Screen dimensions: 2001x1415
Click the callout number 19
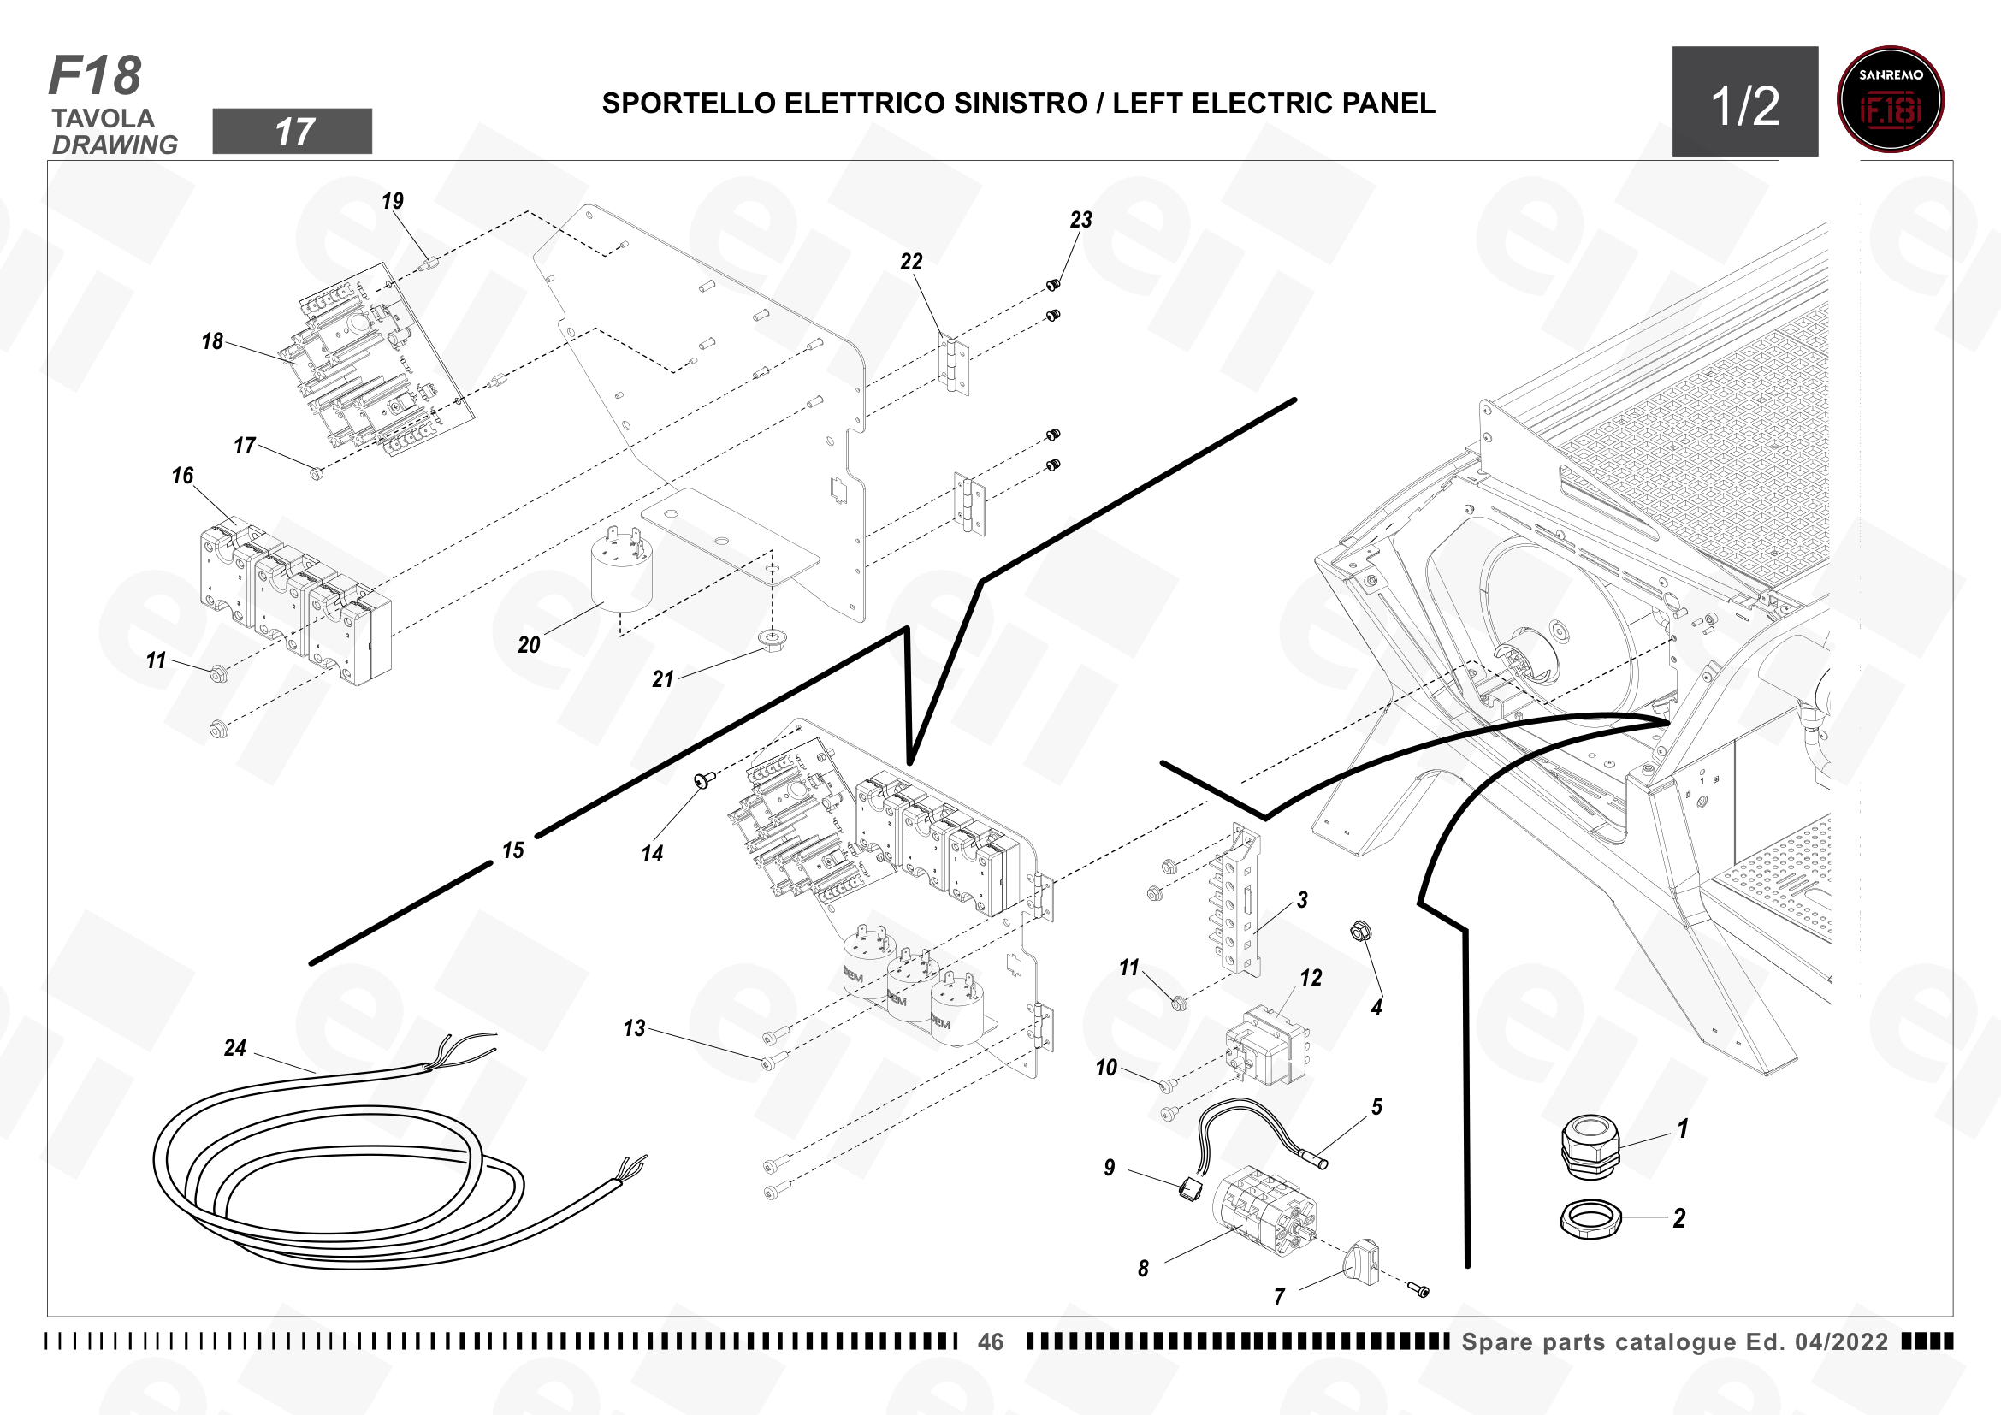393,201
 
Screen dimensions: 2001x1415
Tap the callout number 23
1080,221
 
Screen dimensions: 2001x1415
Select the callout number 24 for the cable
235,1048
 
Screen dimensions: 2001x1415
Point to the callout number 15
513,850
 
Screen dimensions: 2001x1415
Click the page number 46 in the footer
991,1341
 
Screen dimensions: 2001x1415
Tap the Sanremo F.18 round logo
1891,99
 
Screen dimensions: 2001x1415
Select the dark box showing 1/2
1744,101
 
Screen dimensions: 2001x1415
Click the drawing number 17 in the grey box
293,132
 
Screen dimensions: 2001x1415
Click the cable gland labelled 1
1590,1147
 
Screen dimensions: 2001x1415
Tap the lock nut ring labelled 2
1590,1219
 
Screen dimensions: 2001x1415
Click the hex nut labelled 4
1358,932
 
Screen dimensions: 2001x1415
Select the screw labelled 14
704,779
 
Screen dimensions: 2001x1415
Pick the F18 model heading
95,76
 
